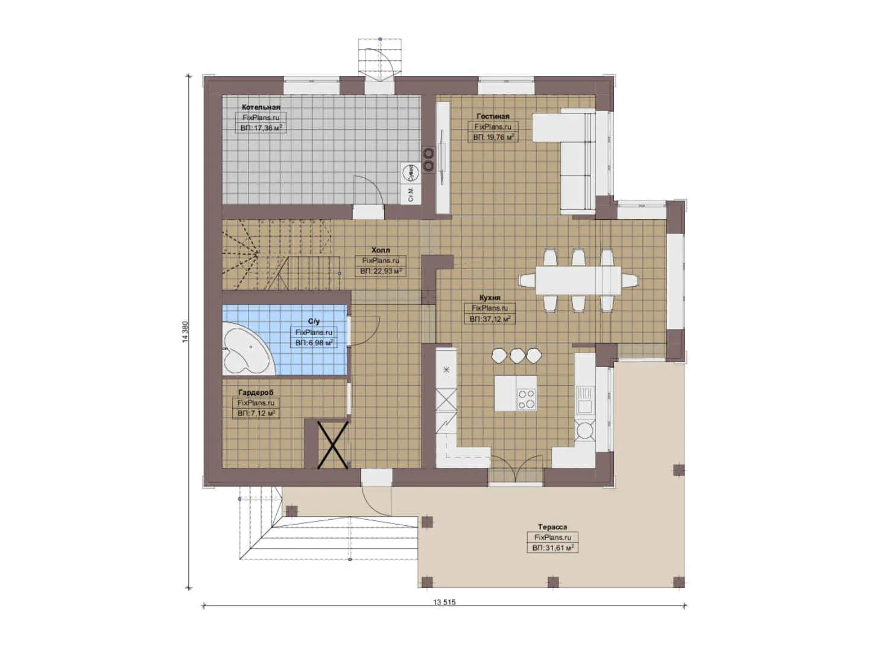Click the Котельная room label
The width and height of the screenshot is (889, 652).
point(261,107)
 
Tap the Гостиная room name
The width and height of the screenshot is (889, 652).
point(492,116)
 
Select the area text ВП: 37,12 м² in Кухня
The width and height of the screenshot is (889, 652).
point(490,319)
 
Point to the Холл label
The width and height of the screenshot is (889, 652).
point(380,250)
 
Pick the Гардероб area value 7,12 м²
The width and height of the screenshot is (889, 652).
point(256,414)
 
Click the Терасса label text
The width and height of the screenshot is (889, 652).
point(552,527)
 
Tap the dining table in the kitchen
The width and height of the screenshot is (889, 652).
point(578,280)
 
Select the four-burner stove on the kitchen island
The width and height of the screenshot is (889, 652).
point(527,399)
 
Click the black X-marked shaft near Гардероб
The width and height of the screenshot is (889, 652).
point(334,444)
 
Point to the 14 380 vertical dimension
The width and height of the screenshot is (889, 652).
point(185,332)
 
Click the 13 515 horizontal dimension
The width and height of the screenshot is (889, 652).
point(444,602)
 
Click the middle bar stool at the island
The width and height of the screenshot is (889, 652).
point(516,356)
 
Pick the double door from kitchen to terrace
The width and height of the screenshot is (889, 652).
point(516,469)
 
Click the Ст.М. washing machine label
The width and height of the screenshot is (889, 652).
point(411,194)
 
